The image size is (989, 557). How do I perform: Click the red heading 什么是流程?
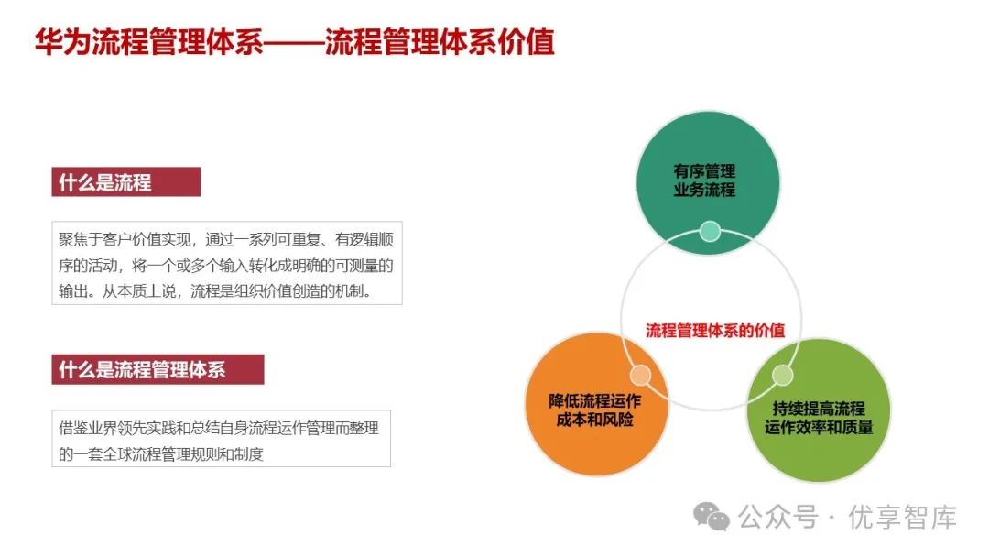click(x=105, y=182)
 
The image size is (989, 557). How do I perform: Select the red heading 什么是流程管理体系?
click(x=142, y=370)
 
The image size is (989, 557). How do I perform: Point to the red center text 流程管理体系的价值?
click(x=715, y=331)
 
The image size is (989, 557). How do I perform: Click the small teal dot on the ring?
click(x=710, y=231)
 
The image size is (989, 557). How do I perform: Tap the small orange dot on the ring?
click(x=640, y=375)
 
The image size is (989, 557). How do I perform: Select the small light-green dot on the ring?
click(x=782, y=375)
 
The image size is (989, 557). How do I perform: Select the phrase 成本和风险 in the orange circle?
click(x=595, y=420)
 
